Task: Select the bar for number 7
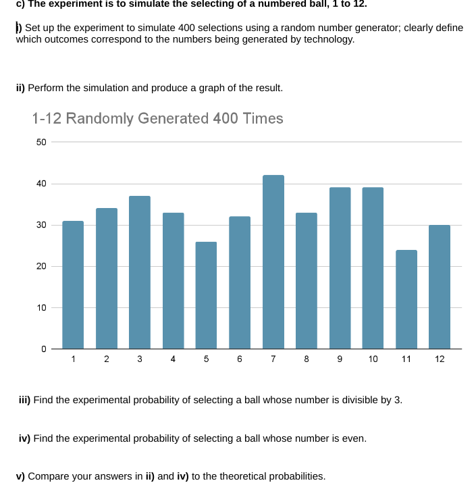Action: pos(273,262)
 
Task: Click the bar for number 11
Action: pos(406,299)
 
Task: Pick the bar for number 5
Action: pos(207,295)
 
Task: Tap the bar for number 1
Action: pos(73,284)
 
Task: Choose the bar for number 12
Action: pos(440,287)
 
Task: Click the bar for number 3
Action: pos(140,272)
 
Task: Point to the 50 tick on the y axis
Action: pos(41,142)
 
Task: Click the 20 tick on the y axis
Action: pos(41,267)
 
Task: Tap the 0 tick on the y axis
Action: pos(43,349)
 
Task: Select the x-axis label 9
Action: pos(340,359)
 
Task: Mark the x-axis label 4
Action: pos(174,359)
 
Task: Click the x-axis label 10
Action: pos(373,359)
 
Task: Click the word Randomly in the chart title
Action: pos(103,119)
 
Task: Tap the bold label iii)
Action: pos(24,400)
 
